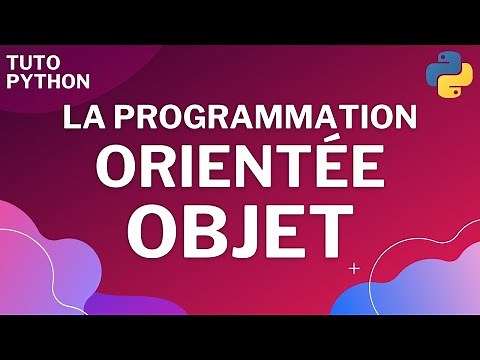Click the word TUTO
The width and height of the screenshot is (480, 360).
click(31, 62)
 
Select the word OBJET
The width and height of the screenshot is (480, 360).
click(241, 231)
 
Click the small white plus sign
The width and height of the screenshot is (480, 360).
click(355, 268)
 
